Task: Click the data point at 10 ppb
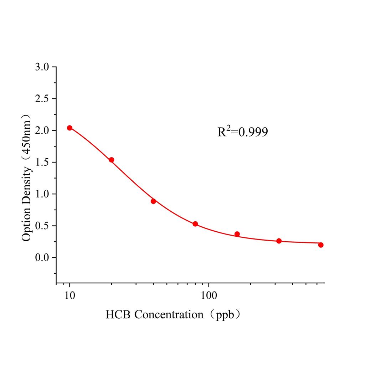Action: [x=70, y=128]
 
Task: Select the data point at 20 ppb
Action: [x=111, y=160]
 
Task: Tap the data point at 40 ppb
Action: [x=153, y=201]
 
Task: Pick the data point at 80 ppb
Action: [x=195, y=224]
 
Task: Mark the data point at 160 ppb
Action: [x=237, y=234]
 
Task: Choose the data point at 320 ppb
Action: [x=279, y=241]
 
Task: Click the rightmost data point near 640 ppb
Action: [x=321, y=245]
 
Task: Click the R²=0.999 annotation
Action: [x=242, y=132]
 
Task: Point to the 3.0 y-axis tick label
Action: [x=43, y=67]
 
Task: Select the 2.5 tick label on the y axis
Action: [x=43, y=99]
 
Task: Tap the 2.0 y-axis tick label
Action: [x=43, y=130]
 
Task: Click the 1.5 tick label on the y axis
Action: [x=43, y=162]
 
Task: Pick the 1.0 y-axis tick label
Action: [x=43, y=194]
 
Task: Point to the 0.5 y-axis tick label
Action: [x=43, y=226]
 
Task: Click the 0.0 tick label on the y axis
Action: [x=43, y=257]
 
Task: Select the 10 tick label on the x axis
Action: [x=70, y=295]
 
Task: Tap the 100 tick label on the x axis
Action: [x=208, y=295]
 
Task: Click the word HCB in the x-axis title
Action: [x=118, y=315]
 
